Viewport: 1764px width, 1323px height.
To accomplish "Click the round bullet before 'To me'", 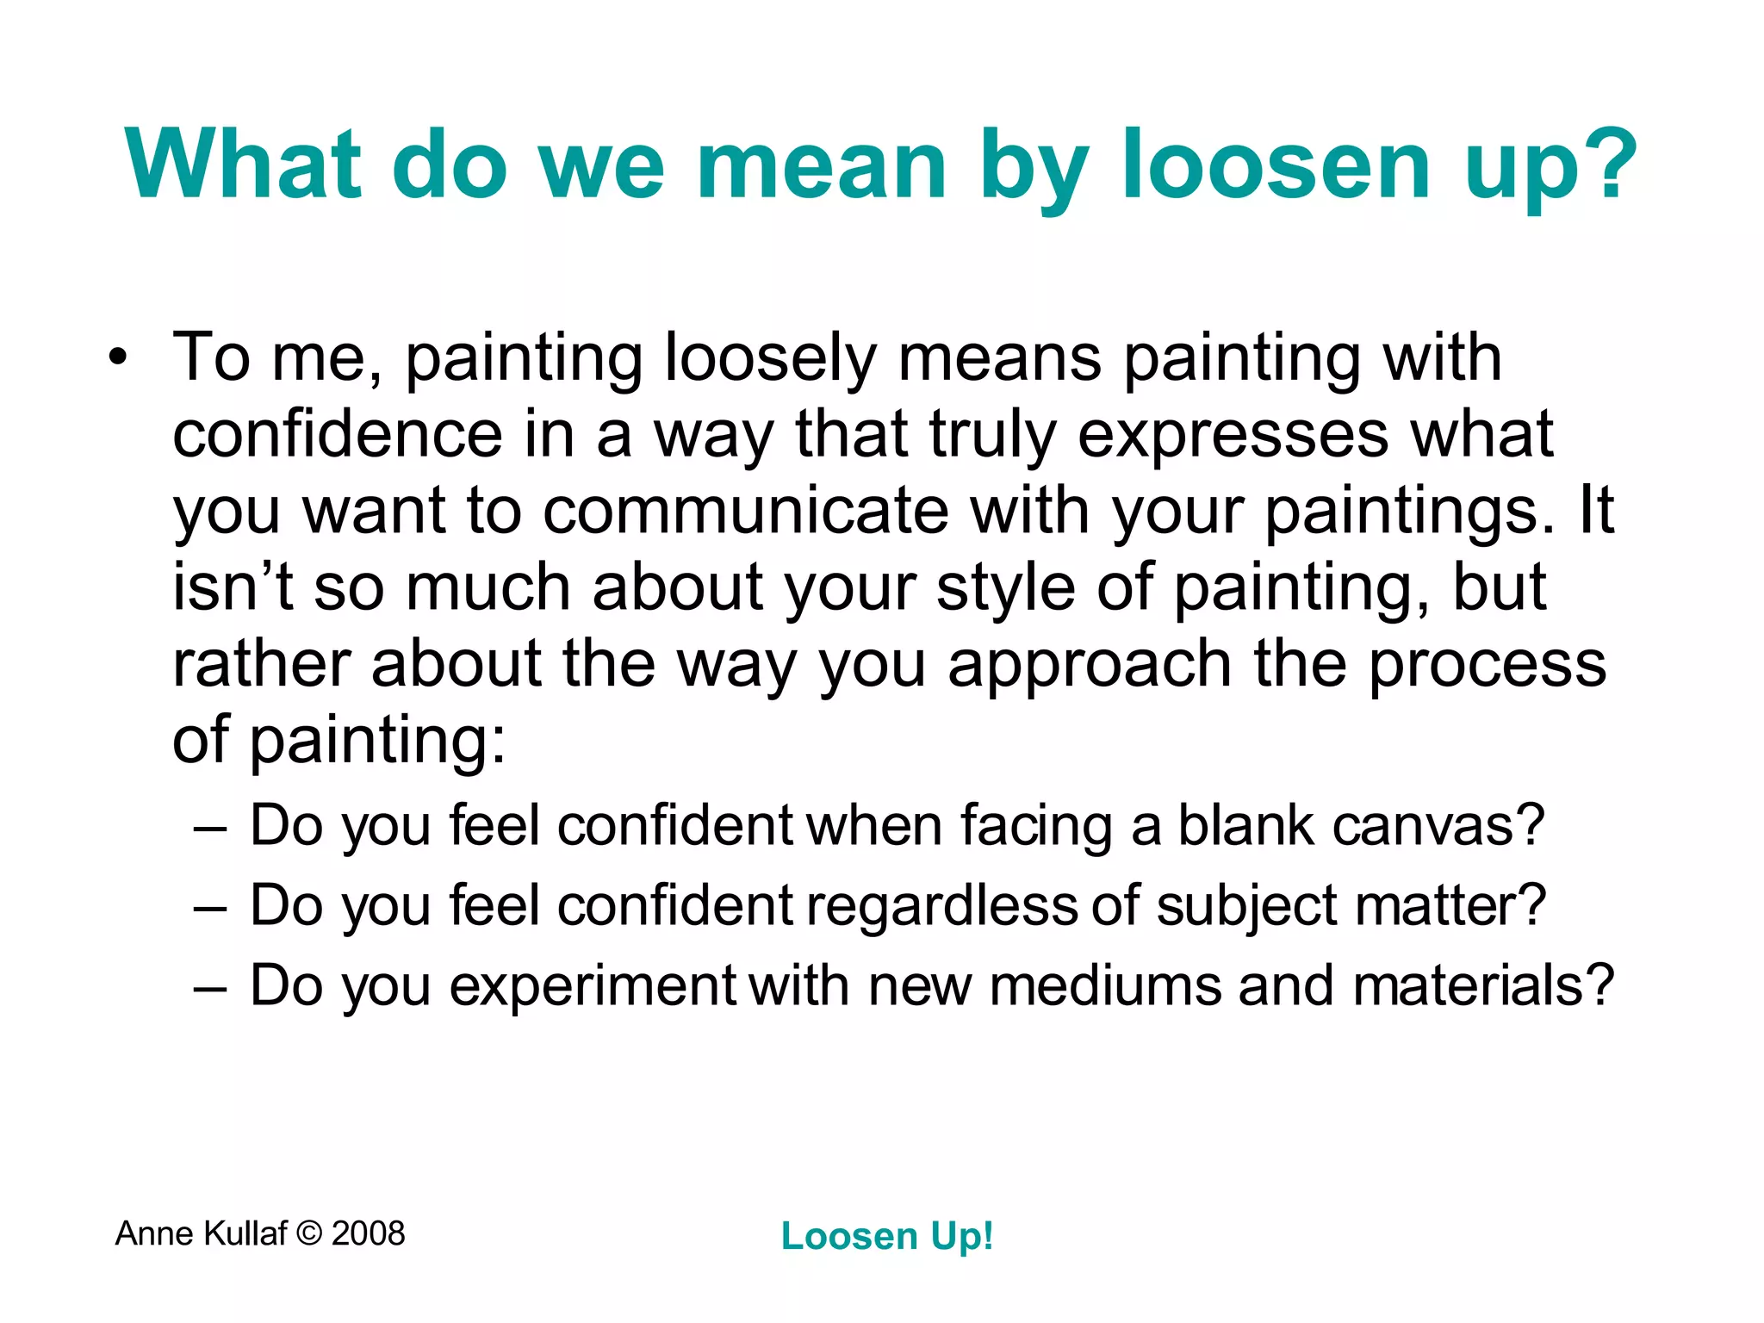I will coord(118,357).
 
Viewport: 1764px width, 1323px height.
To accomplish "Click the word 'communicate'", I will coord(746,511).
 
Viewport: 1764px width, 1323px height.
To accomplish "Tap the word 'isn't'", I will coord(233,587).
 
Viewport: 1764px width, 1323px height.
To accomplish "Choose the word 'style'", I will coord(1005,587).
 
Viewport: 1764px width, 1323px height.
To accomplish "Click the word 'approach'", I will coord(1089,664).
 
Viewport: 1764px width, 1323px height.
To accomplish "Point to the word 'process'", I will coord(1487,664).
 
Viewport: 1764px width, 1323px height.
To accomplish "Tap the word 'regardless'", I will coord(941,906).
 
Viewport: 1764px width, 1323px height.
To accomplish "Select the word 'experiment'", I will coord(592,985).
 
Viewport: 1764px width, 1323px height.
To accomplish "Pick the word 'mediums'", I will coord(1105,985).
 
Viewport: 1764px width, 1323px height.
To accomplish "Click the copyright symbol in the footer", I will coord(308,1233).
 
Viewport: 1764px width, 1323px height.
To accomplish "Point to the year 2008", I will coord(368,1233).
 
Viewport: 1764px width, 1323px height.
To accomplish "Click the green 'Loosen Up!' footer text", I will coord(887,1236).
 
